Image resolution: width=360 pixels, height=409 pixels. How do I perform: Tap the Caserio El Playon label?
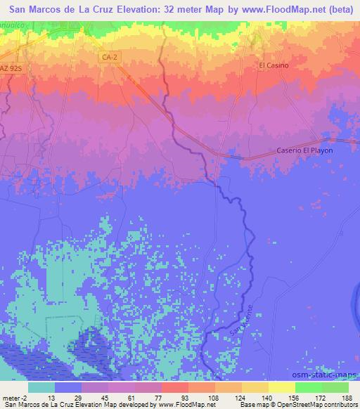(304, 150)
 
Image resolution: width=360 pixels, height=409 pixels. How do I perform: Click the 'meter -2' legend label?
(14, 397)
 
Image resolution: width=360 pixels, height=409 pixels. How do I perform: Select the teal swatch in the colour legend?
(41, 387)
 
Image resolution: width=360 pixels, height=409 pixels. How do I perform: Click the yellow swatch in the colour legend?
(282, 387)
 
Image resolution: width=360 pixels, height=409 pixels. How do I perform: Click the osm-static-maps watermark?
(330, 375)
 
